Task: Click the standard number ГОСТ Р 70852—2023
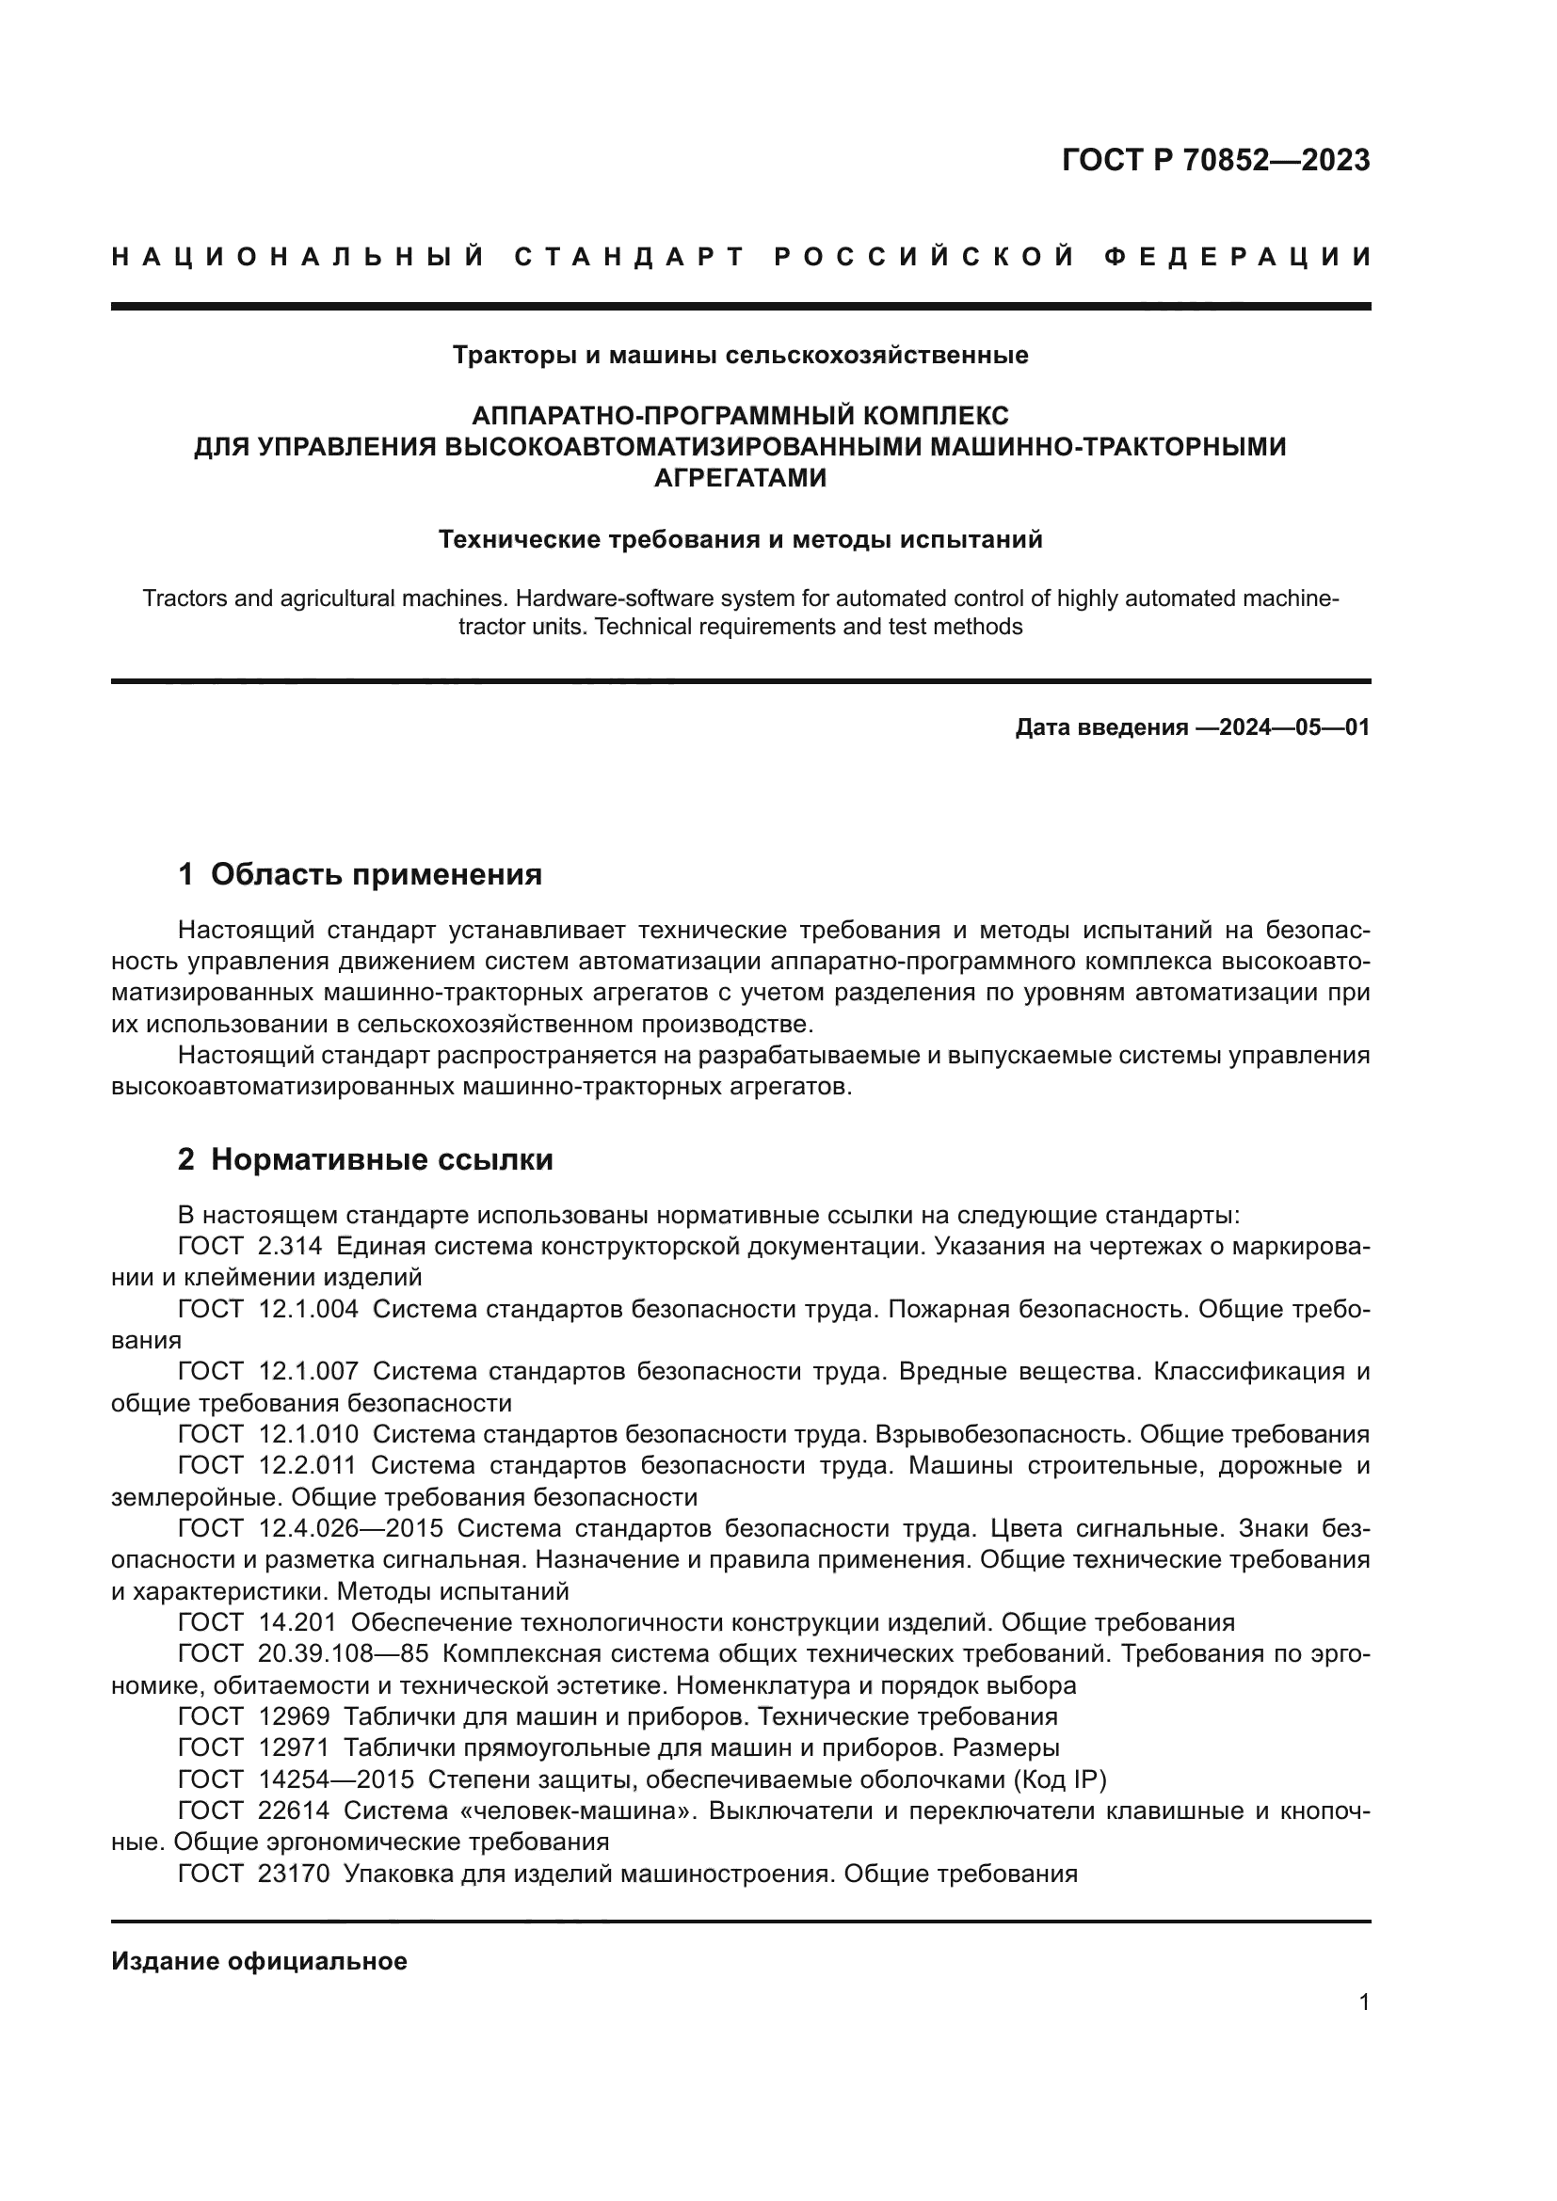tap(1214, 160)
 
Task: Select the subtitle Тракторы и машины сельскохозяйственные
tap(740, 356)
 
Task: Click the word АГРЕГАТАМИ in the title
tap(740, 477)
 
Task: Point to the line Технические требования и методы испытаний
tap(740, 540)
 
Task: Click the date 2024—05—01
tap(1294, 727)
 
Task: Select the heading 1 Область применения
tap(361, 874)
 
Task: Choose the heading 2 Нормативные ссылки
tap(365, 1160)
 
